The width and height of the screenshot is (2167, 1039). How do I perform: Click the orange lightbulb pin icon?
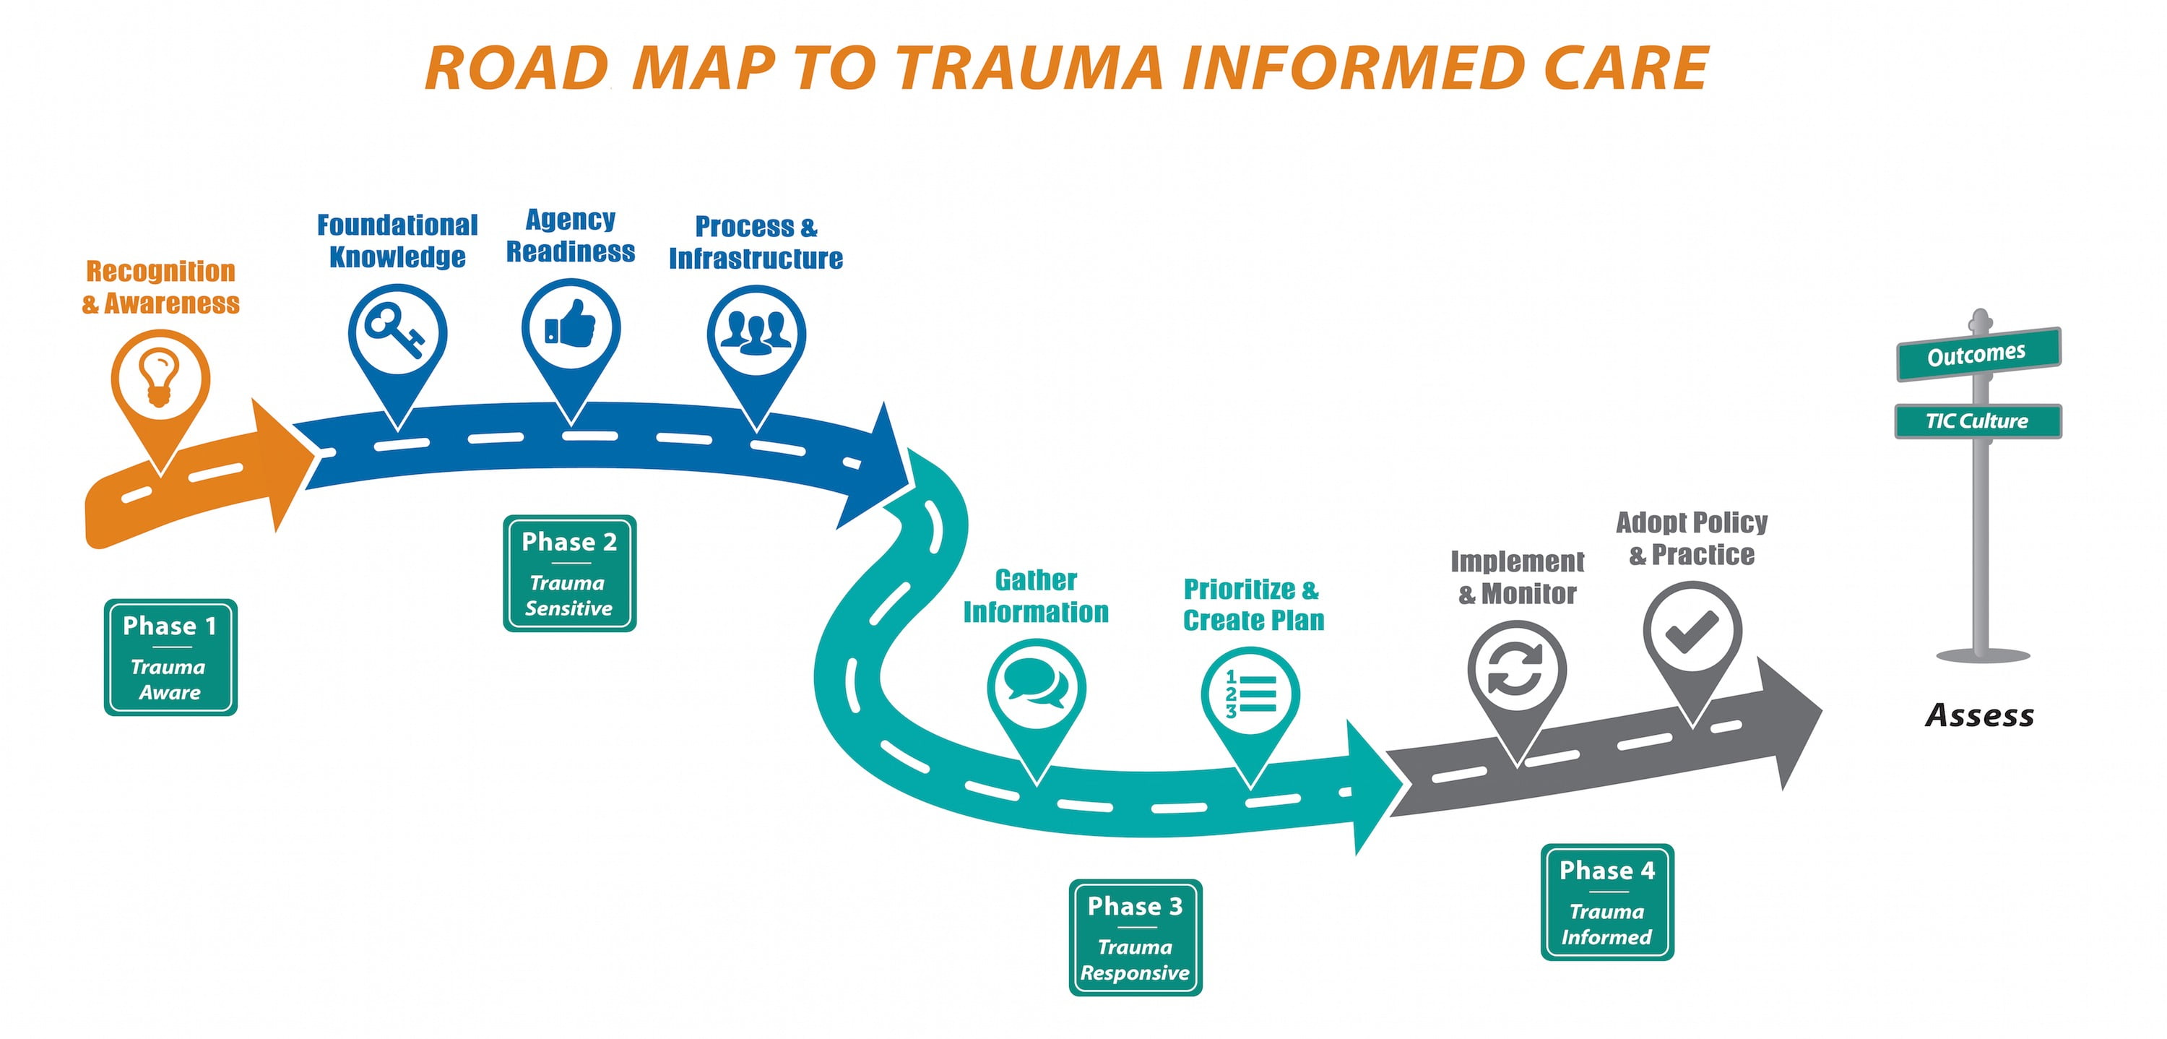(x=160, y=379)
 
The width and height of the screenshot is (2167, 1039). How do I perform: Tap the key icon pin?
(x=397, y=333)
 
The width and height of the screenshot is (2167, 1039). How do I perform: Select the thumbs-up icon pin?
(x=571, y=329)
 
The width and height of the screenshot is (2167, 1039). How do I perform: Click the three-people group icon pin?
(x=756, y=335)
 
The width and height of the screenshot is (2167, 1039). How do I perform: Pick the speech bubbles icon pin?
(x=1036, y=688)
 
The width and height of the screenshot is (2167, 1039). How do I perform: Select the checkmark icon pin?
(x=1692, y=631)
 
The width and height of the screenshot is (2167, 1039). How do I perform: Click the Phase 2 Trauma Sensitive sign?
(x=569, y=574)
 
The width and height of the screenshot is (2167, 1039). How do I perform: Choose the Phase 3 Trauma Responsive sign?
(x=1135, y=938)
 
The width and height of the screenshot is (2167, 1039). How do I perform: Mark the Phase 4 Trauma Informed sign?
(x=1606, y=902)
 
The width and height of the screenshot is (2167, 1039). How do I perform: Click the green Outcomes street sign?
(x=1978, y=354)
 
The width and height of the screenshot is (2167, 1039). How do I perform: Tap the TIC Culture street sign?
(x=1977, y=421)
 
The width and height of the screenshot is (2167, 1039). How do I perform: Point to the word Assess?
(x=1979, y=716)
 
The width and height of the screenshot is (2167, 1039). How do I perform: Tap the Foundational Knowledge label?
(x=397, y=241)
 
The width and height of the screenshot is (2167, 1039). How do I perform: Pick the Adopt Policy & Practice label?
(x=1692, y=538)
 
